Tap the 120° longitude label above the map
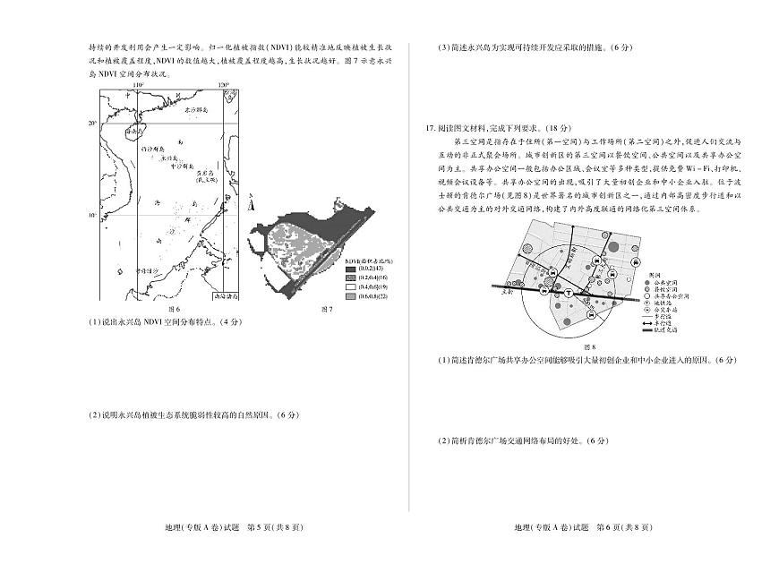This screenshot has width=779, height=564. click(225, 85)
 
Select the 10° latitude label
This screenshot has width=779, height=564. click(92, 216)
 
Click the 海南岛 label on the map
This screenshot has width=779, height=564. click(134, 131)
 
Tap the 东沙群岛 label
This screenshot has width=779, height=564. click(196, 108)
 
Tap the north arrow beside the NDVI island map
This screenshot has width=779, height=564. click(252, 203)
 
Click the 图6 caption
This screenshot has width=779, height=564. click(175, 310)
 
